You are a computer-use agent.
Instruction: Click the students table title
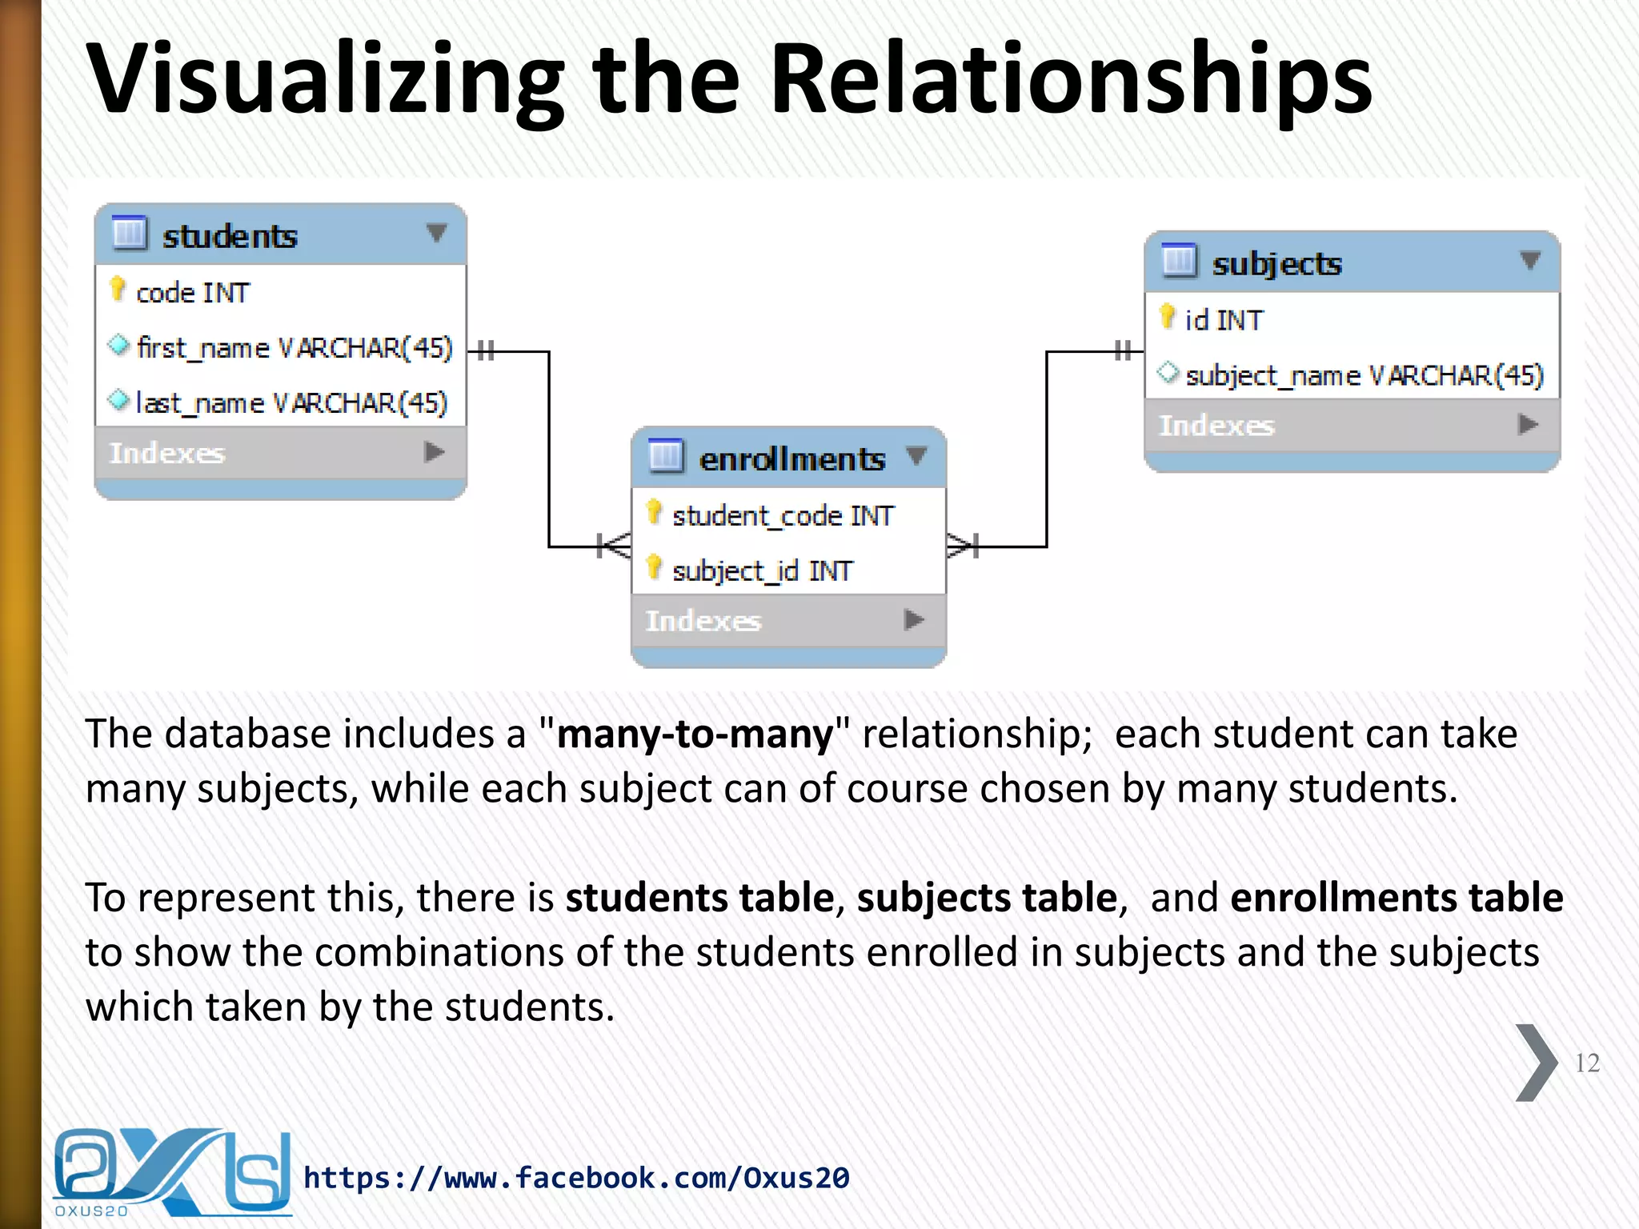(230, 236)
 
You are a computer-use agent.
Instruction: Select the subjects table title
(1276, 263)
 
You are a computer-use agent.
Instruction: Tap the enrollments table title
(791, 458)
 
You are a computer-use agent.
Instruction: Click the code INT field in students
(193, 293)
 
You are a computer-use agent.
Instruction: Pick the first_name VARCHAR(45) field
(294, 348)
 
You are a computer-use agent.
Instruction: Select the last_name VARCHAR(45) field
(291, 402)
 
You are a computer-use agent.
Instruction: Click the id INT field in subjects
(1224, 320)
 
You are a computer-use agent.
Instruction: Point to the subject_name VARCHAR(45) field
(1364, 375)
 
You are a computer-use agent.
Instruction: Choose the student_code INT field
(783, 516)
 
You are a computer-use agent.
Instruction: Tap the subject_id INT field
(762, 570)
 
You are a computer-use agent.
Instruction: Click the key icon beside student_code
(655, 513)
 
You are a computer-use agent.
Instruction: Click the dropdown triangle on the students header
(436, 233)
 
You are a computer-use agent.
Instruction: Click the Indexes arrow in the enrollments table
(913, 619)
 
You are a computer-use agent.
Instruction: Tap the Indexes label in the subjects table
(1216, 425)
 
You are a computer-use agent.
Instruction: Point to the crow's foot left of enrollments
(613, 546)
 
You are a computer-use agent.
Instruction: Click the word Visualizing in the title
(325, 80)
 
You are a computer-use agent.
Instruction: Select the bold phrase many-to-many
(695, 734)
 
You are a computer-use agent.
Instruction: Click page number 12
(1587, 1063)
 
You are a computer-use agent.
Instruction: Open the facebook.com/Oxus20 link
(576, 1178)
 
